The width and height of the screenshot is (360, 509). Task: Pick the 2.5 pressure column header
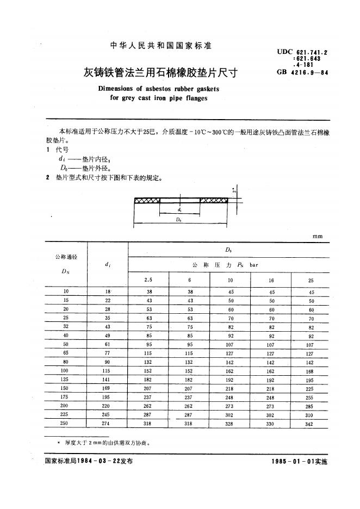(148, 280)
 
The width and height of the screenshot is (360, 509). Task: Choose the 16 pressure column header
(272, 280)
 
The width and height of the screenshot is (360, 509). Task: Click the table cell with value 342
(309, 424)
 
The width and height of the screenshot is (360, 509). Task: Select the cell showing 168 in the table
(309, 371)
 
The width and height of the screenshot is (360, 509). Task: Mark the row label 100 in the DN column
(65, 371)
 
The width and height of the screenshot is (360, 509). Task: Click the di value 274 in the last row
(108, 423)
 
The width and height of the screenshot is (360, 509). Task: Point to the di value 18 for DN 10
(108, 292)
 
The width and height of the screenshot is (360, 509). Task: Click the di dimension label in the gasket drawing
(179, 209)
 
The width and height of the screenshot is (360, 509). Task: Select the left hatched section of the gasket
(147, 200)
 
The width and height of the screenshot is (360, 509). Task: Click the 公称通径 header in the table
(64, 256)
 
